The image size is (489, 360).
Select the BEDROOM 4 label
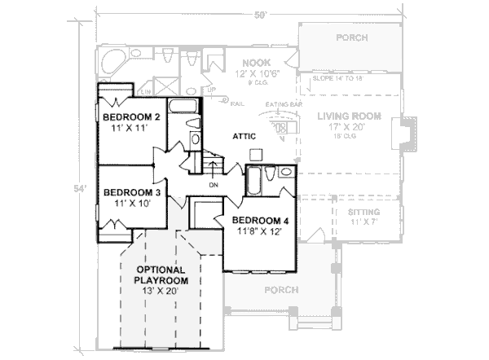click(x=260, y=220)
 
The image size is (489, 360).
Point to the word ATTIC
click(x=245, y=135)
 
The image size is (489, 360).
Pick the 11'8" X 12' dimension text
click(x=260, y=231)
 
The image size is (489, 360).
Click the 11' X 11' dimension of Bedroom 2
click(x=124, y=128)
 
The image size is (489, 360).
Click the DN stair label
click(x=214, y=184)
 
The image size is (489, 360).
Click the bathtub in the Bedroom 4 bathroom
click(x=253, y=180)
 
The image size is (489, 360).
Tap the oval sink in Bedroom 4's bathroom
click(x=285, y=172)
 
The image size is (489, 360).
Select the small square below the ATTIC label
click(x=255, y=153)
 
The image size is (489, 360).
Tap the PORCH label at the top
click(x=350, y=37)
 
